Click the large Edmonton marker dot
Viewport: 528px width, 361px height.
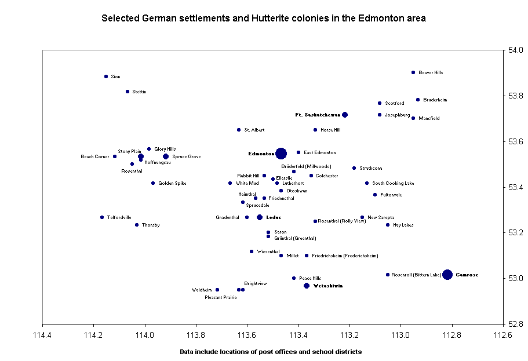pos(281,154)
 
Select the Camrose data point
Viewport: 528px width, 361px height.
pos(447,275)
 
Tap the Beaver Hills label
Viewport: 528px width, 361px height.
pos(431,72)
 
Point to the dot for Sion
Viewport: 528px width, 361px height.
pos(106,76)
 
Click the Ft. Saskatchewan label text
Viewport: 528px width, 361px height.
pos(317,115)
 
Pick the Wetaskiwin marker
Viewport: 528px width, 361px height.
pos(307,286)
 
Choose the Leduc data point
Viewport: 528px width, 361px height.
pos(260,217)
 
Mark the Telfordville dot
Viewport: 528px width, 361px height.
pos(102,217)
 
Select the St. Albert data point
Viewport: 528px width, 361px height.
pos(239,130)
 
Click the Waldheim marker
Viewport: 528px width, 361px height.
pos(217,290)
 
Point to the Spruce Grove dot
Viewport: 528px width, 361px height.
pos(166,156)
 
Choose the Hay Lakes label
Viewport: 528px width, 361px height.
pos(403,225)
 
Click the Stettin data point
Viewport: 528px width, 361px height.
pos(128,92)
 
